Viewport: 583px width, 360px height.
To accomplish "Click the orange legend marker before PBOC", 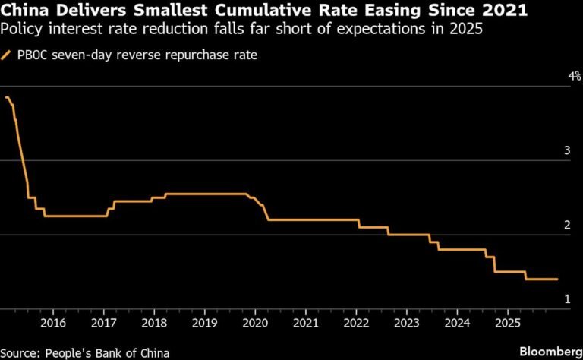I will (7, 55).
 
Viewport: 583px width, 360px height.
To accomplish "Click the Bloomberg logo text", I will (550, 352).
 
